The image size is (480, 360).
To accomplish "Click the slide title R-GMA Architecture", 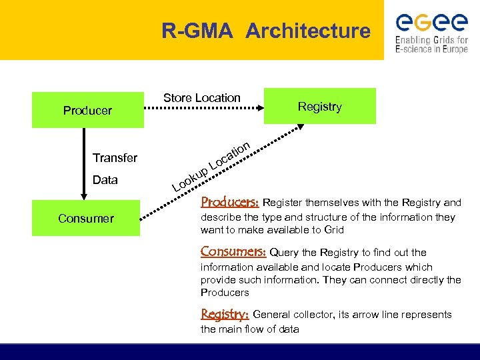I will click(265, 31).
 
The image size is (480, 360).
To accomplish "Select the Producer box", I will click(87, 110).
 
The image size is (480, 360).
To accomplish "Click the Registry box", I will click(319, 106).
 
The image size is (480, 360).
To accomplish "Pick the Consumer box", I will click(86, 218).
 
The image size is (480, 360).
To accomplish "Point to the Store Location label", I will click(201, 98).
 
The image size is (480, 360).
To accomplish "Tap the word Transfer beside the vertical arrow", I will click(115, 158).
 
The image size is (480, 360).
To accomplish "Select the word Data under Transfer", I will click(105, 179).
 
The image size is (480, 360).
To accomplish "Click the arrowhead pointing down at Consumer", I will click(83, 195).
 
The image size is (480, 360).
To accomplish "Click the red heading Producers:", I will click(229, 202).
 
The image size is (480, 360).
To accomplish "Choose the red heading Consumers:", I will click(233, 252).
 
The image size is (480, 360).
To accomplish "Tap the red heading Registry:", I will click(225, 314).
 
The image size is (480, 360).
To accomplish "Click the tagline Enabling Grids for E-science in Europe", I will click(431, 45).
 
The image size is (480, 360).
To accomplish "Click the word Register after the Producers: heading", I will click(285, 203).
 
